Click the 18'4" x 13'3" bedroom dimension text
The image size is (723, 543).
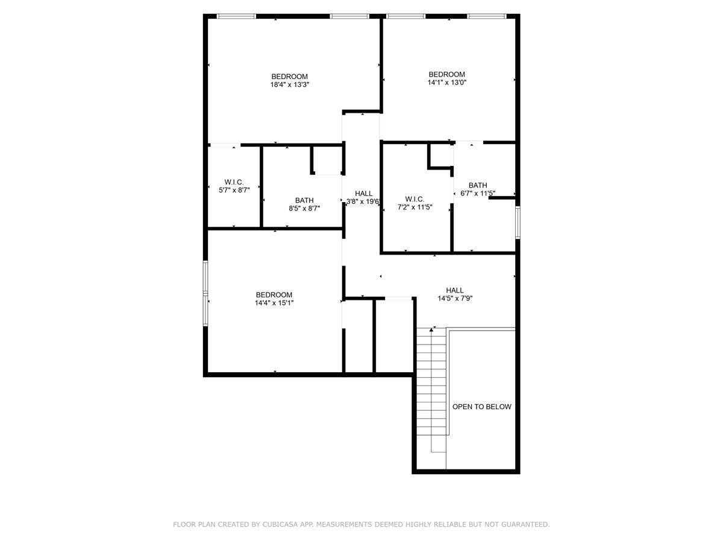coord(289,85)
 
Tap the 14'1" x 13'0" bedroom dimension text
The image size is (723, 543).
coord(446,83)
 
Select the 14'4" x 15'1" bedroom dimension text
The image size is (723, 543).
coord(274,303)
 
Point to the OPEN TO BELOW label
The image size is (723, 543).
coord(481,407)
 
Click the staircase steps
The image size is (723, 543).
coord(431,386)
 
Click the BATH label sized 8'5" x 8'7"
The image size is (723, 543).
coord(304,200)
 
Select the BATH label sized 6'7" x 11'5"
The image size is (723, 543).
coord(478,185)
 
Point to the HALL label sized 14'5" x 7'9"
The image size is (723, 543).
coord(455,290)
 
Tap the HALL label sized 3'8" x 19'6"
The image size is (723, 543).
coord(363,194)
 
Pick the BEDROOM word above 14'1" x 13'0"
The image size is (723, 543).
coord(446,74)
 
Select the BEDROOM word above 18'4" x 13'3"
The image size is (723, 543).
coord(289,77)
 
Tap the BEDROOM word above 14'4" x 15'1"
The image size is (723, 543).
coord(274,294)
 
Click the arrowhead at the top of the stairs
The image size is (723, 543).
coord(432,329)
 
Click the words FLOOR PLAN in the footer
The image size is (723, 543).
coord(194,525)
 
